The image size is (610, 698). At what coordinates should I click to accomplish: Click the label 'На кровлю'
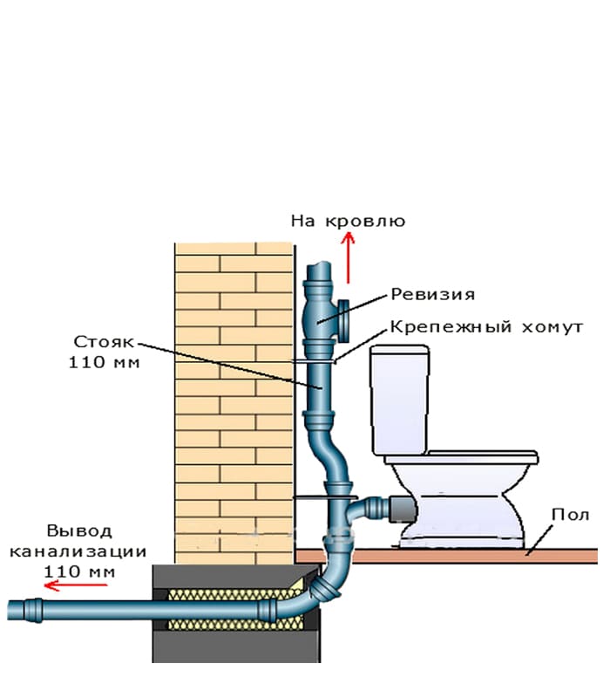pyautogui.click(x=348, y=222)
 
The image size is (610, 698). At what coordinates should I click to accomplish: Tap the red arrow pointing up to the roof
pyautogui.click(x=348, y=257)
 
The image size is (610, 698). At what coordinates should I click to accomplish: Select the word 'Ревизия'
pyautogui.click(x=432, y=294)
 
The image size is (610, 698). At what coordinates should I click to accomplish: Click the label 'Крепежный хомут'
pyautogui.click(x=486, y=327)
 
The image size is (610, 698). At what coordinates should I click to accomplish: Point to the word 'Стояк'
pyautogui.click(x=103, y=342)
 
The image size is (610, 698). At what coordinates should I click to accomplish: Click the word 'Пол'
pyautogui.click(x=571, y=515)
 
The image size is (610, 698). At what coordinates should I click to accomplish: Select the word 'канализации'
pyautogui.click(x=78, y=551)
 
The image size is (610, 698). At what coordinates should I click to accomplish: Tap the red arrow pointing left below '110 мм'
pyautogui.click(x=76, y=585)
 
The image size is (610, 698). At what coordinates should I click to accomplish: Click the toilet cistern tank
pyautogui.click(x=399, y=400)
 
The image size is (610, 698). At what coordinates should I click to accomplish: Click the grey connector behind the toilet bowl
pyautogui.click(x=403, y=509)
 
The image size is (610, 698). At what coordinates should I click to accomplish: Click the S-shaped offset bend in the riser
pyautogui.click(x=329, y=455)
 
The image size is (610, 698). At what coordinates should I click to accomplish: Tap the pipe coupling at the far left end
pyautogui.click(x=33, y=610)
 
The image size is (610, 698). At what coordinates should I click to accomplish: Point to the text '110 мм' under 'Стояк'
pyautogui.click(x=104, y=362)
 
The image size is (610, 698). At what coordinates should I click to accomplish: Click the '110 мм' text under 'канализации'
pyautogui.click(x=79, y=571)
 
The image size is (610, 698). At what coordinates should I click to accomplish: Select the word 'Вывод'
pyautogui.click(x=79, y=531)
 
